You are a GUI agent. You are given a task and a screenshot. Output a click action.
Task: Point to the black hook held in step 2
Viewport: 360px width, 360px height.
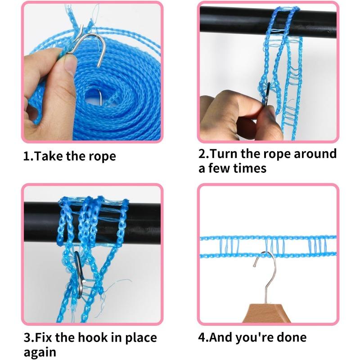point(267,94)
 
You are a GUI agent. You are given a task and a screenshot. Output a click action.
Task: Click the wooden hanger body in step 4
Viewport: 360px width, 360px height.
point(266,313)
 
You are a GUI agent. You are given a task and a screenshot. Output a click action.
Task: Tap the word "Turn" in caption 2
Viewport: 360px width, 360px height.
point(223,153)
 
